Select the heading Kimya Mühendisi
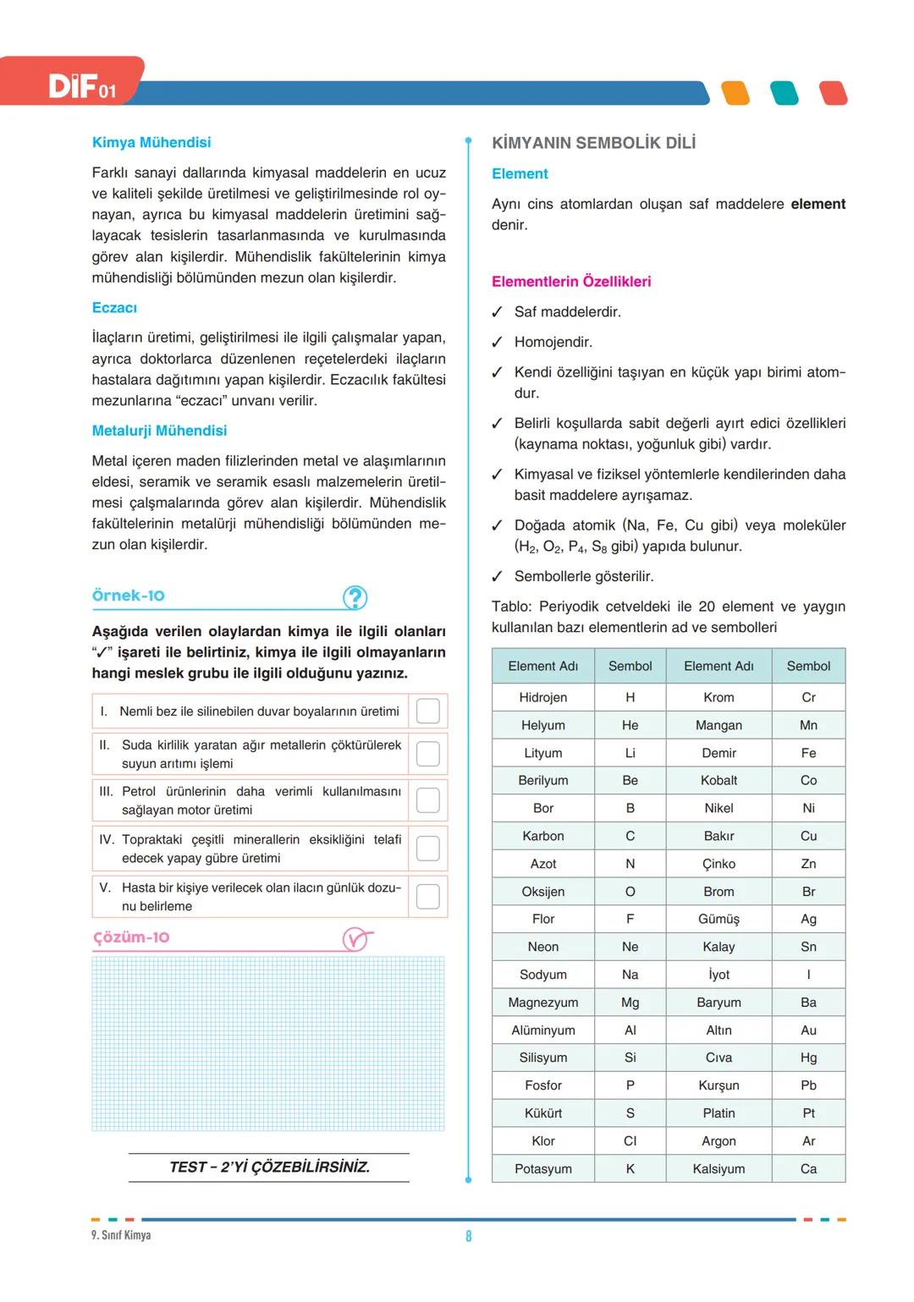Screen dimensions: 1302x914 (151, 142)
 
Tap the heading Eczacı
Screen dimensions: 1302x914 (114, 308)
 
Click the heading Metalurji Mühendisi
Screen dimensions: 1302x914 (159, 431)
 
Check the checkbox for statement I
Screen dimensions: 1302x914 (428, 711)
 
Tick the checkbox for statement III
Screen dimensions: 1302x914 (428, 800)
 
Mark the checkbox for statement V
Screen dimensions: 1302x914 (428, 897)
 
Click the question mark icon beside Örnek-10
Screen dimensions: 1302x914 (355, 598)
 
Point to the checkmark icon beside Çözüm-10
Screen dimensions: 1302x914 (356, 939)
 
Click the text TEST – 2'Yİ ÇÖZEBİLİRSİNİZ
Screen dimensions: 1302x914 (269, 1167)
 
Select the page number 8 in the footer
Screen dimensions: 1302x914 (469, 1236)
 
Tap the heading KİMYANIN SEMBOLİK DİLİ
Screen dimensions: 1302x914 (593, 143)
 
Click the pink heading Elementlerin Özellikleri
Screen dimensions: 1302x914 (571, 282)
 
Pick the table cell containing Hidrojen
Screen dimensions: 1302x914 (543, 697)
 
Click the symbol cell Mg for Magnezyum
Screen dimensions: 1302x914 (630, 1003)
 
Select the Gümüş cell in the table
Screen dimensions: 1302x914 (719, 919)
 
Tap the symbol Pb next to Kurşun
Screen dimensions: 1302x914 (808, 1085)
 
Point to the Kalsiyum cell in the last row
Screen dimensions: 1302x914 (719, 1168)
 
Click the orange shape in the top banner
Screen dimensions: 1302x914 (735, 93)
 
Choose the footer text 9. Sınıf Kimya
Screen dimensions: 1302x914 (121, 1235)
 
